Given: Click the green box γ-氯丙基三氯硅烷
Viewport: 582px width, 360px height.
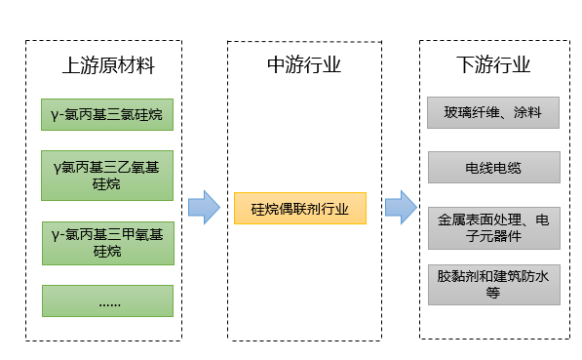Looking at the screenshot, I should point(107,115).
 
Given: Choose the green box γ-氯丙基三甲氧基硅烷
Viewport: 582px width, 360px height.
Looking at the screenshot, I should point(107,242).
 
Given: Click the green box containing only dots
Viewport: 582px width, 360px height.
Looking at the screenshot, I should point(107,300).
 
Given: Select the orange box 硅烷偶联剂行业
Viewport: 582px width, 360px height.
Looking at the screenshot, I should point(300,209).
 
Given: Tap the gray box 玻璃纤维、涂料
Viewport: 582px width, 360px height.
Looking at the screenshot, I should point(493,112).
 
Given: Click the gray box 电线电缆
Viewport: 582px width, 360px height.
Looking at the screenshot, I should point(493,168).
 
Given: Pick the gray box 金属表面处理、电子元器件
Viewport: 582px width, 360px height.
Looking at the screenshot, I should point(493,227).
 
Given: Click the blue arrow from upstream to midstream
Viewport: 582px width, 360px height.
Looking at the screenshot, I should point(204,207).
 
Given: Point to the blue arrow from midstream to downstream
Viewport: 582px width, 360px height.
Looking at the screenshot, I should point(400,207).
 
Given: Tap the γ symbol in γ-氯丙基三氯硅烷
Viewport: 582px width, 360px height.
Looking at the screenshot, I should point(55,115).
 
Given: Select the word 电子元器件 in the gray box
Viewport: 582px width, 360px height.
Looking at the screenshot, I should point(493,236).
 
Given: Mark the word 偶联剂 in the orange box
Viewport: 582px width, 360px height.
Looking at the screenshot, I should point(300,209).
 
